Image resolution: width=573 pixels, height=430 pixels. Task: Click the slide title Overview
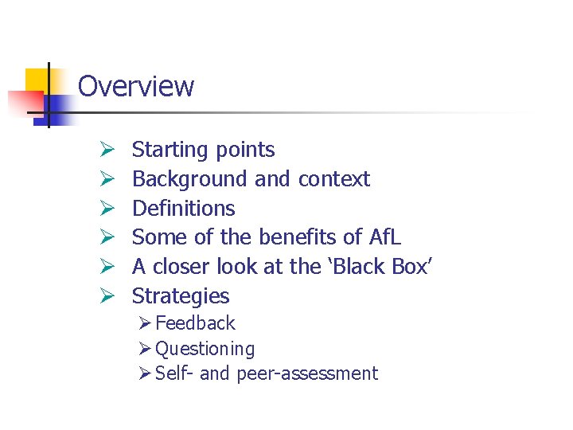(136, 86)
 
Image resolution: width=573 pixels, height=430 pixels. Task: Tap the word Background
(190, 179)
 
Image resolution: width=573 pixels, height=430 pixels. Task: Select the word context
(333, 179)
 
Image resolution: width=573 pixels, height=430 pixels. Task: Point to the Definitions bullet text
(183, 209)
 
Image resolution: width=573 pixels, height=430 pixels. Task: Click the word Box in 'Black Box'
(411, 267)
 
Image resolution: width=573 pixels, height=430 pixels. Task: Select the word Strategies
(181, 296)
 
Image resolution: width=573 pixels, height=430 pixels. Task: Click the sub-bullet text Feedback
(196, 323)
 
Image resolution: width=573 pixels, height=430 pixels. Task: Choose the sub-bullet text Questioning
(205, 349)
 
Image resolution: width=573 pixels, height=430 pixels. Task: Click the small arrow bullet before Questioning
(145, 349)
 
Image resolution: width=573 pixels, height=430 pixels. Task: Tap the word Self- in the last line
(175, 373)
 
